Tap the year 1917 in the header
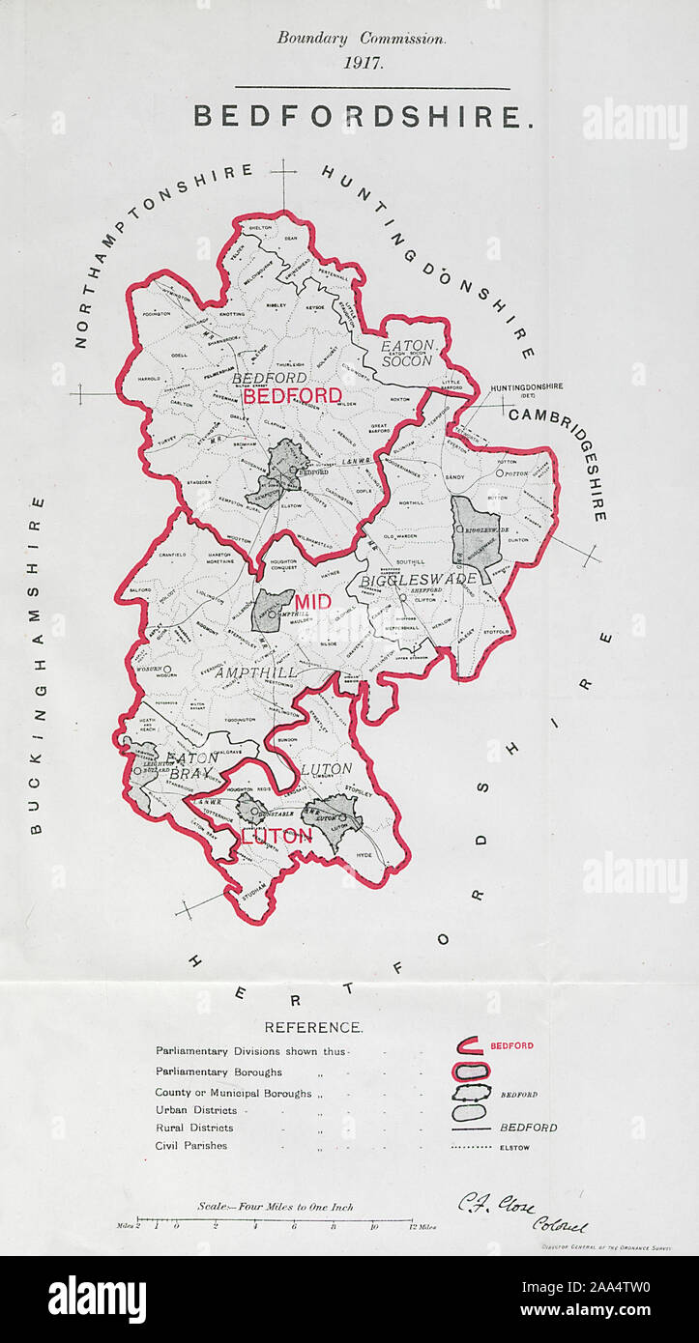pyautogui.click(x=362, y=63)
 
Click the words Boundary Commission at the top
pyautogui.click(x=362, y=39)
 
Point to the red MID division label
pyautogui.click(x=312, y=603)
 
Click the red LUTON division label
pyautogui.click(x=276, y=836)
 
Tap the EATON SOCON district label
pyautogui.click(x=406, y=353)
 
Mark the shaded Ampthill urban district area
pyautogui.click(x=273, y=612)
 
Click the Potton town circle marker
pyautogui.click(x=500, y=473)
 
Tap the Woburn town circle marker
pyautogui.click(x=167, y=669)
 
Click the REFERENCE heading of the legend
pyautogui.click(x=313, y=1027)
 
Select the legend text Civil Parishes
pyautogui.click(x=191, y=1146)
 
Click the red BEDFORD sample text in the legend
pyautogui.click(x=511, y=1045)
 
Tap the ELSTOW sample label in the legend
pyautogui.click(x=515, y=1148)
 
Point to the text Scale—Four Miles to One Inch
pyautogui.click(x=276, y=1206)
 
